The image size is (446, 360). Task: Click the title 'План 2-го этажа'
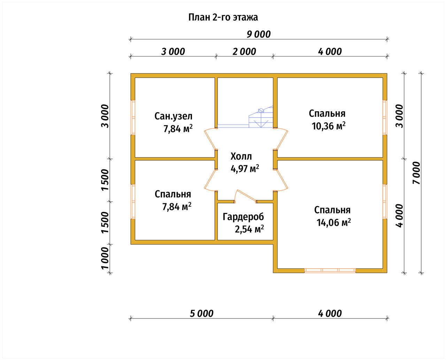click(223, 17)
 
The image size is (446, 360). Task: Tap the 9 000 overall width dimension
click(259, 35)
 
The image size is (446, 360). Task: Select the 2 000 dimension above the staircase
click(244, 52)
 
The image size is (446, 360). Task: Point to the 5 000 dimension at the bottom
click(201, 314)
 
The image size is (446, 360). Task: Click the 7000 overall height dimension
click(416, 173)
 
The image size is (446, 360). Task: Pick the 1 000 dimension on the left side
click(105, 258)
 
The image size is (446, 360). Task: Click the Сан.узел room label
click(173, 116)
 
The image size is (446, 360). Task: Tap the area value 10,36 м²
click(328, 126)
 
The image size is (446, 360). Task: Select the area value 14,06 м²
click(333, 222)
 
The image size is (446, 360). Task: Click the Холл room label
click(241, 156)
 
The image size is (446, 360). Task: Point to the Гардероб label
click(243, 217)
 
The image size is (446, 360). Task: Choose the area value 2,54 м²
click(249, 229)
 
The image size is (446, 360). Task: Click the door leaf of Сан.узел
click(210, 139)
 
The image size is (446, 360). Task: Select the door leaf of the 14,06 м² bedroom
click(282, 179)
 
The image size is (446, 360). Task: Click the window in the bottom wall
click(330, 270)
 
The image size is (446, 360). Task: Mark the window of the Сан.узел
click(133, 117)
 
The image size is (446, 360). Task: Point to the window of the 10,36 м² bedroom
click(385, 117)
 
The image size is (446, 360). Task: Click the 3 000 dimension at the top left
click(173, 52)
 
